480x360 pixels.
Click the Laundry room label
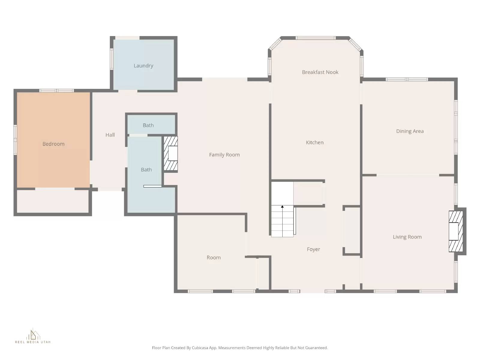tap(143, 66)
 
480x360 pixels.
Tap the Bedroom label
tap(53, 144)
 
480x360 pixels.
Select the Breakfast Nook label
tap(320, 72)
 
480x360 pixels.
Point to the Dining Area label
tap(410, 131)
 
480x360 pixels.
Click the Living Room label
tap(407, 237)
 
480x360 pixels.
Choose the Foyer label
tap(313, 249)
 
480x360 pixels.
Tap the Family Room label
tap(224, 155)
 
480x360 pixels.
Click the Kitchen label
tap(315, 142)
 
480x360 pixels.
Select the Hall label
tap(110, 135)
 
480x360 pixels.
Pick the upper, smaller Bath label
tap(148, 125)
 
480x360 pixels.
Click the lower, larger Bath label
tap(146, 170)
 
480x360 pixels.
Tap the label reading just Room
tap(214, 258)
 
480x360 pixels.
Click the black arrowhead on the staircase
tap(282, 207)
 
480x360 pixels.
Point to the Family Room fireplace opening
tap(173, 153)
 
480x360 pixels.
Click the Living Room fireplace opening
tap(453, 231)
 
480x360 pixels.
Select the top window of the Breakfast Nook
tap(315, 38)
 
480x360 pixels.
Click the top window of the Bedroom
tap(56, 91)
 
